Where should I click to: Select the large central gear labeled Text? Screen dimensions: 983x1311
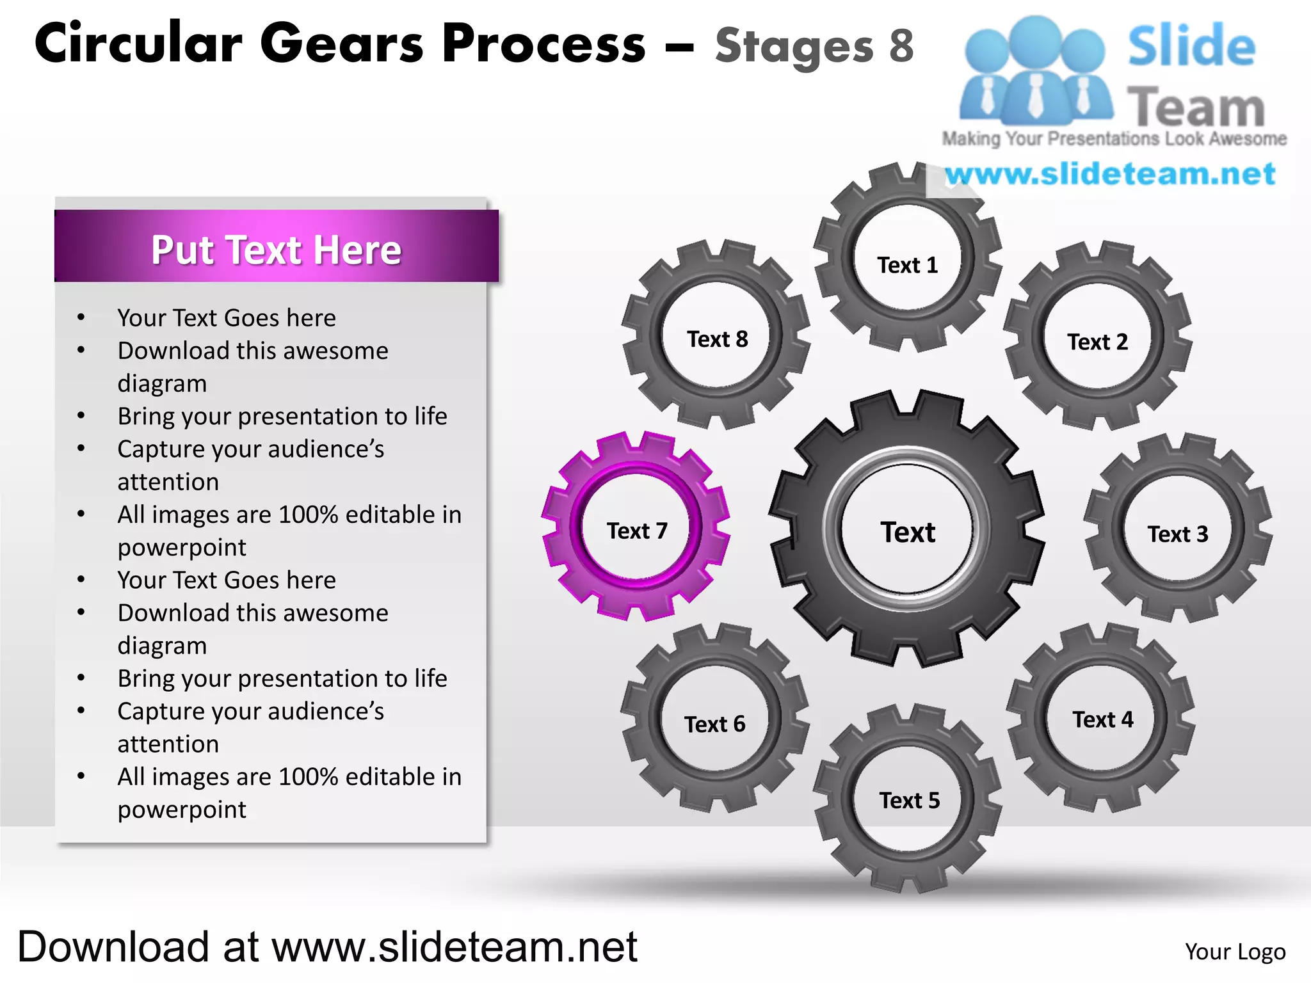pyautogui.click(x=907, y=532)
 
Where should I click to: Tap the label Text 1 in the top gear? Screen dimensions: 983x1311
pyautogui.click(x=907, y=265)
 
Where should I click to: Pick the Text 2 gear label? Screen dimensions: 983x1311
pyautogui.click(x=1097, y=342)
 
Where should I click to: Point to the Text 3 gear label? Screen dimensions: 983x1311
pyautogui.click(x=1177, y=534)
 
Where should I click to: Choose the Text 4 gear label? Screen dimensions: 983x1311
pyautogui.click(x=1102, y=719)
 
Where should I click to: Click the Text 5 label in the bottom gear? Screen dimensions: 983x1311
pyautogui.click(x=909, y=800)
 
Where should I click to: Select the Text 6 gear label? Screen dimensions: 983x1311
pyautogui.click(x=714, y=724)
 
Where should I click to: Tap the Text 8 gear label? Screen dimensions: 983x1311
pyautogui.click(x=717, y=339)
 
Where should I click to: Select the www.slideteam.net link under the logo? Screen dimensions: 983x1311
pyautogui.click(x=1110, y=174)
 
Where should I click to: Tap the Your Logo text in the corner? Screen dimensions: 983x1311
pyautogui.click(x=1235, y=952)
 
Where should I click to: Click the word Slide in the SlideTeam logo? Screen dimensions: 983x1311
pyautogui.click(x=1191, y=46)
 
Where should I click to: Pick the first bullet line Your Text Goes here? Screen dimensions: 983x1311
pyautogui.click(x=227, y=317)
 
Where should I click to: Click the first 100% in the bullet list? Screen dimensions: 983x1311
pyautogui.click(x=308, y=515)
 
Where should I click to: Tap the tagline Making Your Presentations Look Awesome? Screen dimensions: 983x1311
pyautogui.click(x=1114, y=139)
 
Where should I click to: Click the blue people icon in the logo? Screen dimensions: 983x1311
pyautogui.click(x=1035, y=70)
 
